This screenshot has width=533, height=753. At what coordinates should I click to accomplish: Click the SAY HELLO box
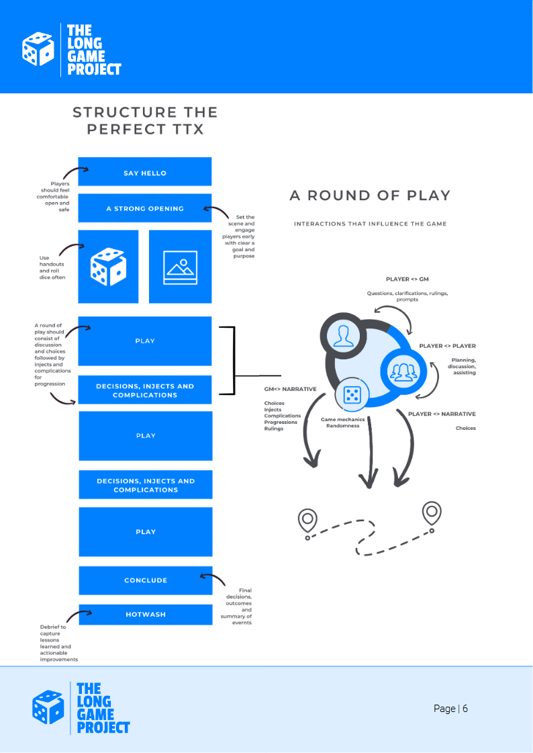pyautogui.click(x=145, y=173)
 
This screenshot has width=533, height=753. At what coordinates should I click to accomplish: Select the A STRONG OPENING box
pyautogui.click(x=145, y=208)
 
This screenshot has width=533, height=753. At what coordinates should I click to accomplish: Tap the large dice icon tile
pyautogui.click(x=108, y=266)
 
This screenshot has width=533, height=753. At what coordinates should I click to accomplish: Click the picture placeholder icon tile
pyautogui.click(x=180, y=267)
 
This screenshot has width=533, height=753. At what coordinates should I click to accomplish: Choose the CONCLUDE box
pyautogui.click(x=145, y=580)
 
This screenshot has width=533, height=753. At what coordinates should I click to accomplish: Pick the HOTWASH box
pyautogui.click(x=145, y=614)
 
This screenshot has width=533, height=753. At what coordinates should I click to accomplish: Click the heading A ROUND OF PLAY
pyautogui.click(x=370, y=195)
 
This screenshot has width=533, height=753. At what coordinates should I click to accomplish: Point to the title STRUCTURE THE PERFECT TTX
pyautogui.click(x=145, y=120)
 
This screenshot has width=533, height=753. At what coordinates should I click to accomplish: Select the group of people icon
pyautogui.click(x=403, y=371)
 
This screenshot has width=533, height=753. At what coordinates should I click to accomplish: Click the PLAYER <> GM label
pyautogui.click(x=407, y=278)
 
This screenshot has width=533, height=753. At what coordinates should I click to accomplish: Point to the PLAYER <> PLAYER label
pyautogui.click(x=447, y=346)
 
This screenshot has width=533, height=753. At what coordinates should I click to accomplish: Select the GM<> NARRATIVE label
pyautogui.click(x=290, y=389)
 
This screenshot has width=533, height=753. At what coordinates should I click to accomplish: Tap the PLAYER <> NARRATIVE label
pyautogui.click(x=442, y=414)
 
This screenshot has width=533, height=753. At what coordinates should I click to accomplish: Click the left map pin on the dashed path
pyautogui.click(x=307, y=520)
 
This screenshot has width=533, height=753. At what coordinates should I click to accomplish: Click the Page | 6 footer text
pyautogui.click(x=450, y=709)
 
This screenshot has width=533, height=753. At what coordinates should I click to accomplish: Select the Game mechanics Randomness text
pyautogui.click(x=342, y=422)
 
